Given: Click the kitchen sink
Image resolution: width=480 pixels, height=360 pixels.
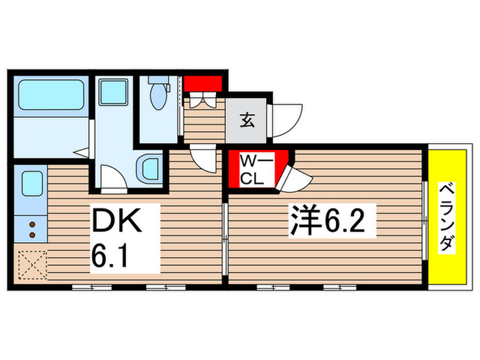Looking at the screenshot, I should coord(32,184).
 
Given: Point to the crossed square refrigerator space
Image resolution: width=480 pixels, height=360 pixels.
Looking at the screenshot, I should coord(30,265).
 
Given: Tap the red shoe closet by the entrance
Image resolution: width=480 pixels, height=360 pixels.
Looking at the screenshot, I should coord(204,85).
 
